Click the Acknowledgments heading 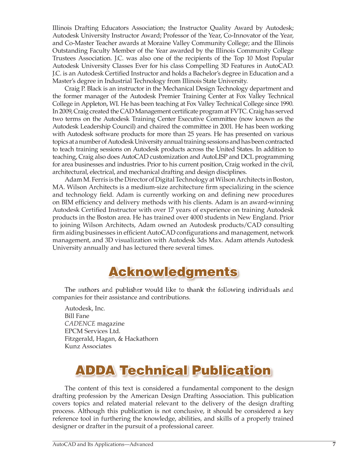[173, 272]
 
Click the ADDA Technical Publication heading [173, 370]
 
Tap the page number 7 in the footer [334, 444]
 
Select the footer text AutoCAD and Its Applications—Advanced [103, 444]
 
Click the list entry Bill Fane [77, 316]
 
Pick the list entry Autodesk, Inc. [85, 308]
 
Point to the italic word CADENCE [80, 324]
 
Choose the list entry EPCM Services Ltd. [92, 331]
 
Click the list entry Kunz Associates [88, 346]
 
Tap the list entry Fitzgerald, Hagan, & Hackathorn [111, 339]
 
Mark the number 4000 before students [197, 217]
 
